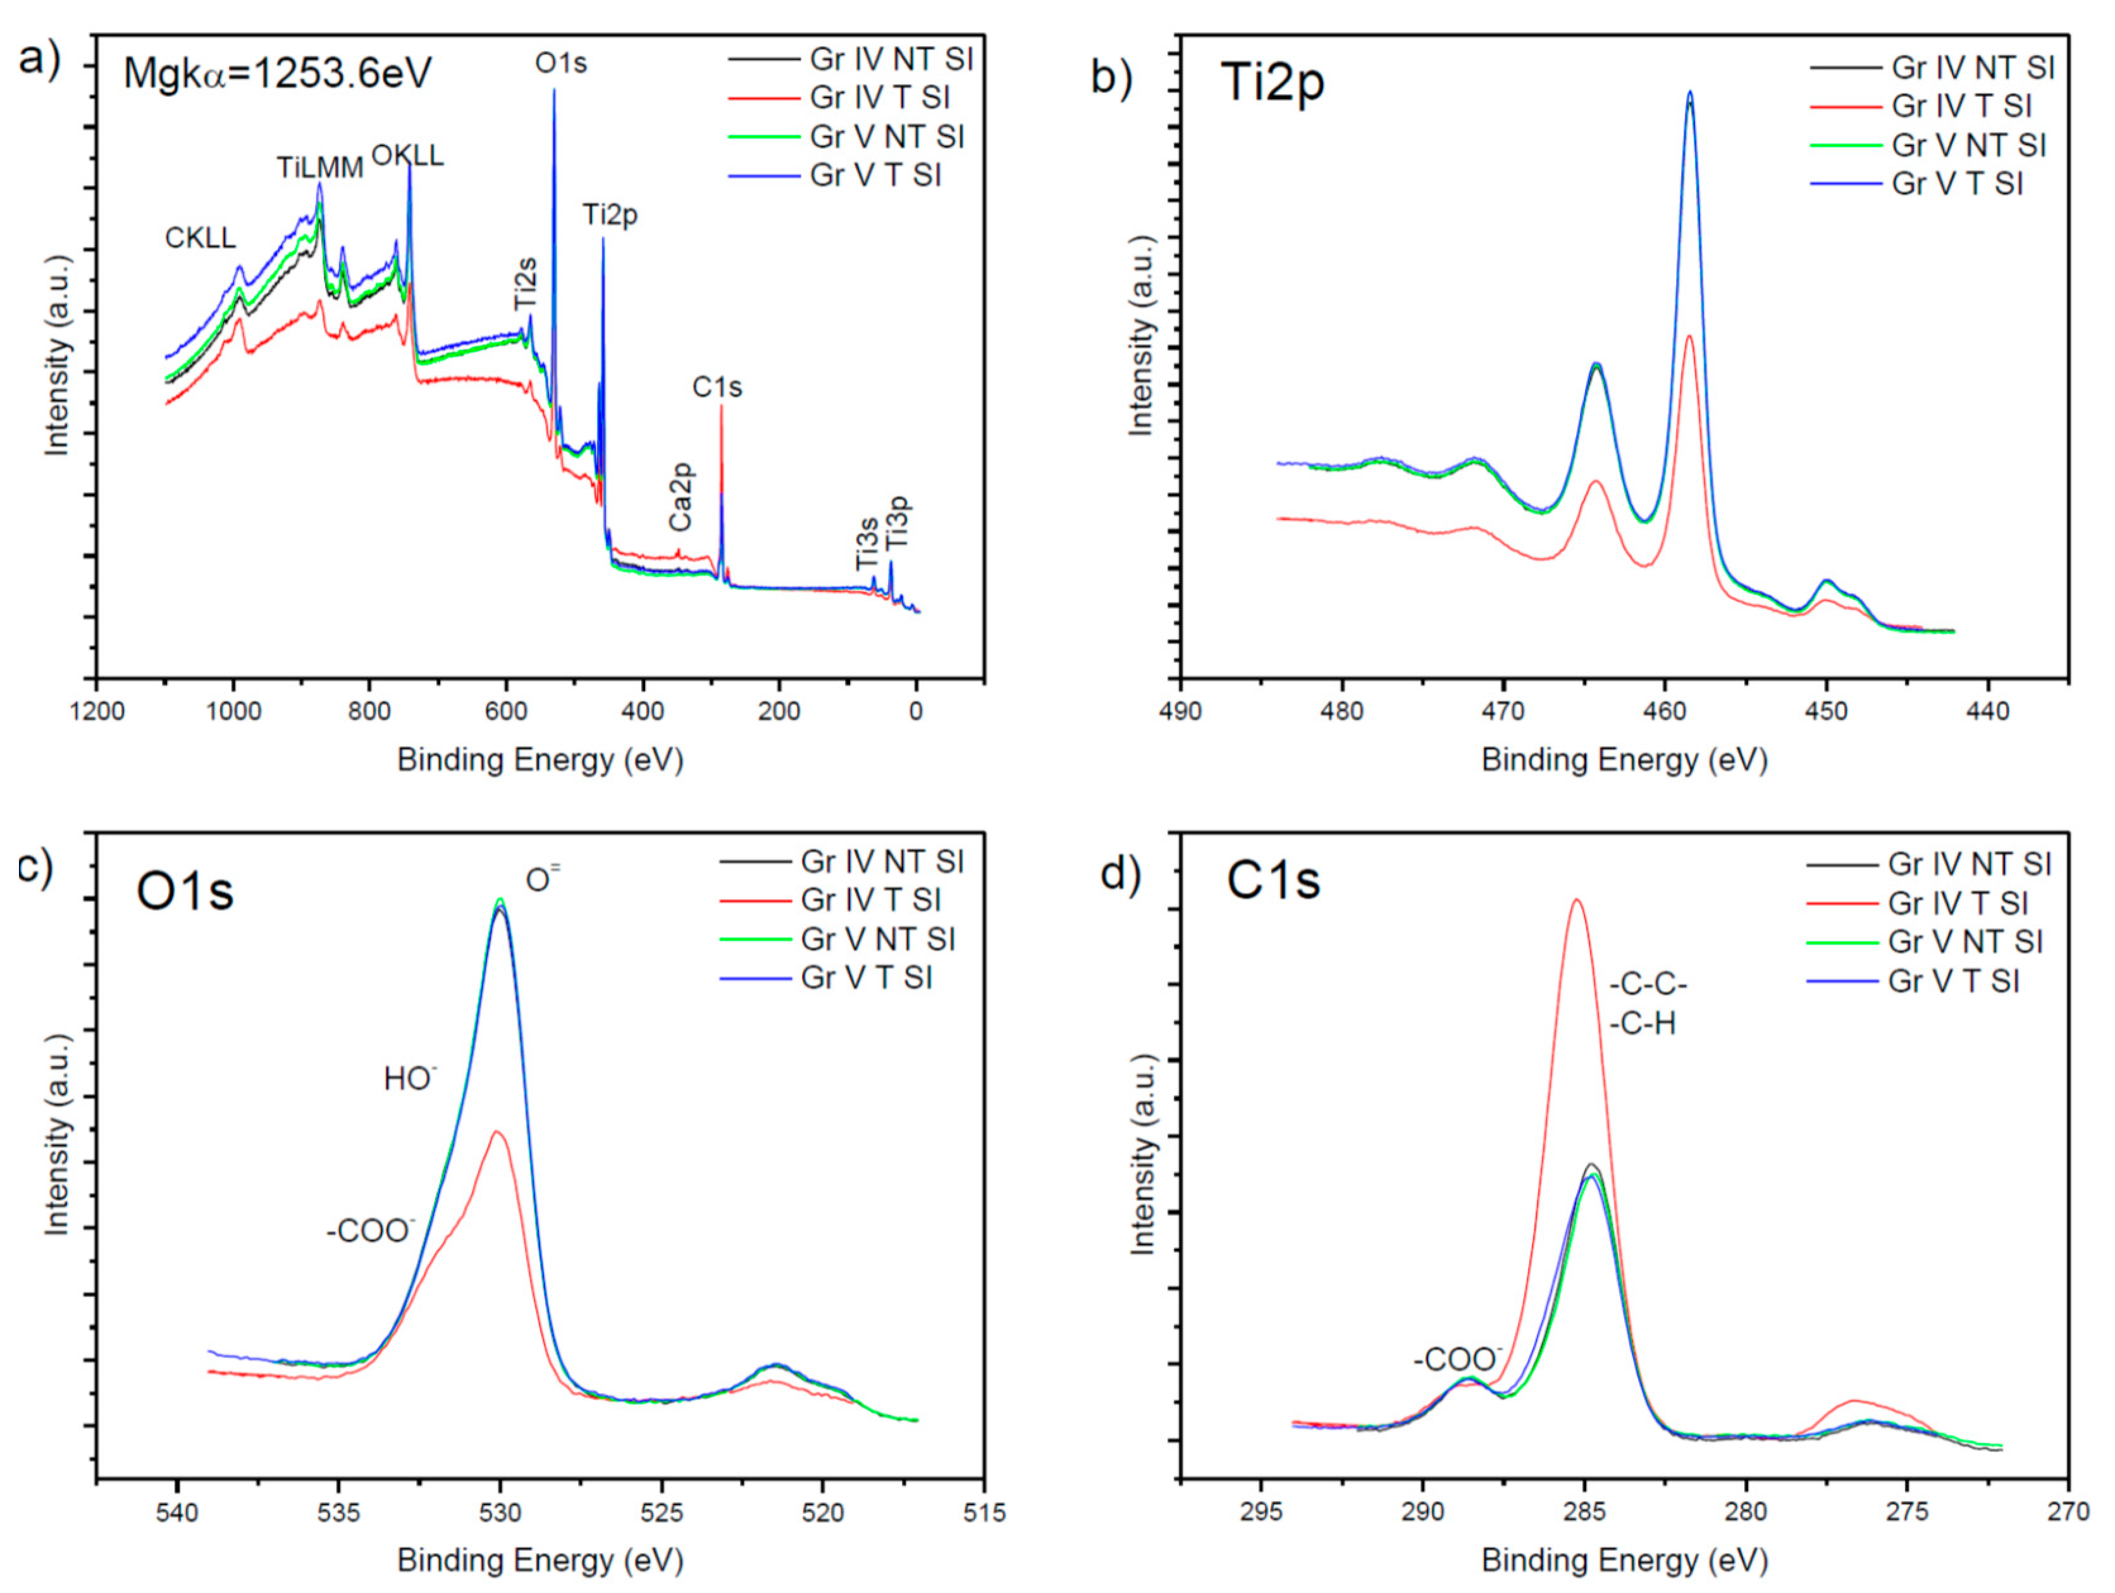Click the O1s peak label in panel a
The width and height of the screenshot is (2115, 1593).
point(560,63)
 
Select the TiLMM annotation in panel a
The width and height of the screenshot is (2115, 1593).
point(319,167)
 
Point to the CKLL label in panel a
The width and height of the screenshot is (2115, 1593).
point(200,237)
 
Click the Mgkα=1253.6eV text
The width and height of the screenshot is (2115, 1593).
point(277,73)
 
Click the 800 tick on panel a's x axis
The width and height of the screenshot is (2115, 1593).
point(369,711)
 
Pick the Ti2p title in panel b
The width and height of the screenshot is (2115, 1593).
point(1273,82)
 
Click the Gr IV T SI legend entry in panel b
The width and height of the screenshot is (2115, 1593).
point(1960,106)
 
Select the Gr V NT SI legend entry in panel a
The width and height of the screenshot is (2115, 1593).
point(886,137)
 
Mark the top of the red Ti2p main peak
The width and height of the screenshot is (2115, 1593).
point(1689,337)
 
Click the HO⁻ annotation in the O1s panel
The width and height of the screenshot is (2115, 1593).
point(409,1079)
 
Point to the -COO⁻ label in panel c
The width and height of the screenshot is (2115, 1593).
point(370,1230)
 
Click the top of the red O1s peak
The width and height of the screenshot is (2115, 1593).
point(497,1132)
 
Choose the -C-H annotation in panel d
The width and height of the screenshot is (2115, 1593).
point(1643,1024)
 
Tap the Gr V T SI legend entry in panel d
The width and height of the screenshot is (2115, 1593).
point(1954,981)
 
